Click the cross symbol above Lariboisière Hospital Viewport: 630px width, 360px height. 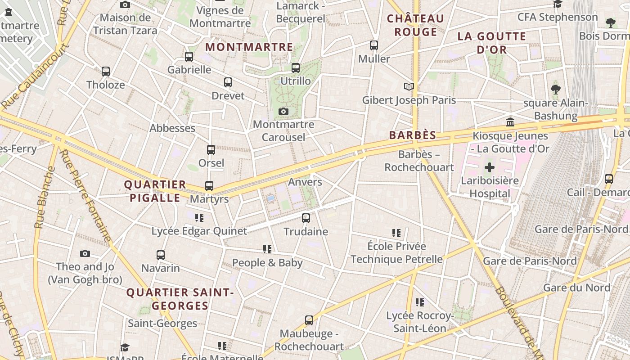coord(490,168)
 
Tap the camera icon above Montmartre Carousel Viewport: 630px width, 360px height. coord(283,111)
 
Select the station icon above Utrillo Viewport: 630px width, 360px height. coord(296,68)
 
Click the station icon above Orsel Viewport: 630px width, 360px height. coord(211,150)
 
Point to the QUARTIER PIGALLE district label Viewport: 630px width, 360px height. coord(155,191)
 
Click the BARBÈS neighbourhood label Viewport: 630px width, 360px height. coord(413,135)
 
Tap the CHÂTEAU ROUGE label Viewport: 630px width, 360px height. coord(415,25)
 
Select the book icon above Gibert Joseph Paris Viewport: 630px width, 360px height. coord(409,86)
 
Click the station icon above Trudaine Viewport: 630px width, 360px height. coord(306,218)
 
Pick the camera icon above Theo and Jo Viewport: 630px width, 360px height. coord(85,253)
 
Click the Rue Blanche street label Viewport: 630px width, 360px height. coord(45,198)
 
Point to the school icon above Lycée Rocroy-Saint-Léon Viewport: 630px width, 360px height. coord(420,302)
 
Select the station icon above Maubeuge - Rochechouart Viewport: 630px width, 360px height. coord(309,320)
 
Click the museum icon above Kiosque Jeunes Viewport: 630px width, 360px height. coord(510,122)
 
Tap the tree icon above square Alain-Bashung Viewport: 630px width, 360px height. coord(556,89)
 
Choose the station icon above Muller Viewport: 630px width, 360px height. coord(374,45)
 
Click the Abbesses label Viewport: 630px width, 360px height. coord(172,128)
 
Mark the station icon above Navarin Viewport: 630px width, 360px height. coord(161,255)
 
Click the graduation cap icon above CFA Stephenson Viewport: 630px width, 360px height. coord(558,4)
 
